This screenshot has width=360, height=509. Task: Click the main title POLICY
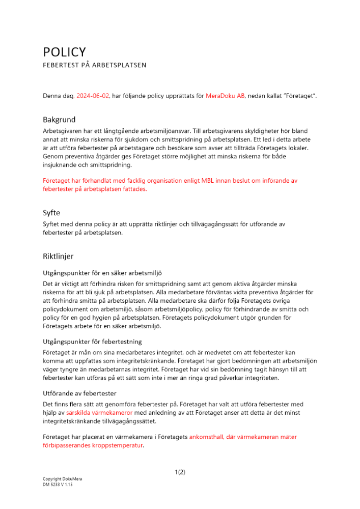(64, 52)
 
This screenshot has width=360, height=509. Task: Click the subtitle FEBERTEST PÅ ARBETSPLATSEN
(95, 66)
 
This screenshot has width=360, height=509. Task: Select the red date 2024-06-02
(93, 96)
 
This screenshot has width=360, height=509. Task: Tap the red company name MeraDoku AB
(226, 96)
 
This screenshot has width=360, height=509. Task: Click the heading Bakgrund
(59, 120)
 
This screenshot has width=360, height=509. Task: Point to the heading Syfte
(51, 213)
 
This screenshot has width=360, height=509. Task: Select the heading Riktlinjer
(59, 256)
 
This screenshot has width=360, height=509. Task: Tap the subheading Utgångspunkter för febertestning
(92, 342)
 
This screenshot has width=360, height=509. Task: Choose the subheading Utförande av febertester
(80, 393)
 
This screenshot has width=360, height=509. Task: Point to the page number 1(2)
(180, 472)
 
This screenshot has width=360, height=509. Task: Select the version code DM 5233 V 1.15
(58, 485)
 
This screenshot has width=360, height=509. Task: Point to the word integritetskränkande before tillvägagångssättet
(76, 421)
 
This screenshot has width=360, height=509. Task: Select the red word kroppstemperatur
(118, 445)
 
